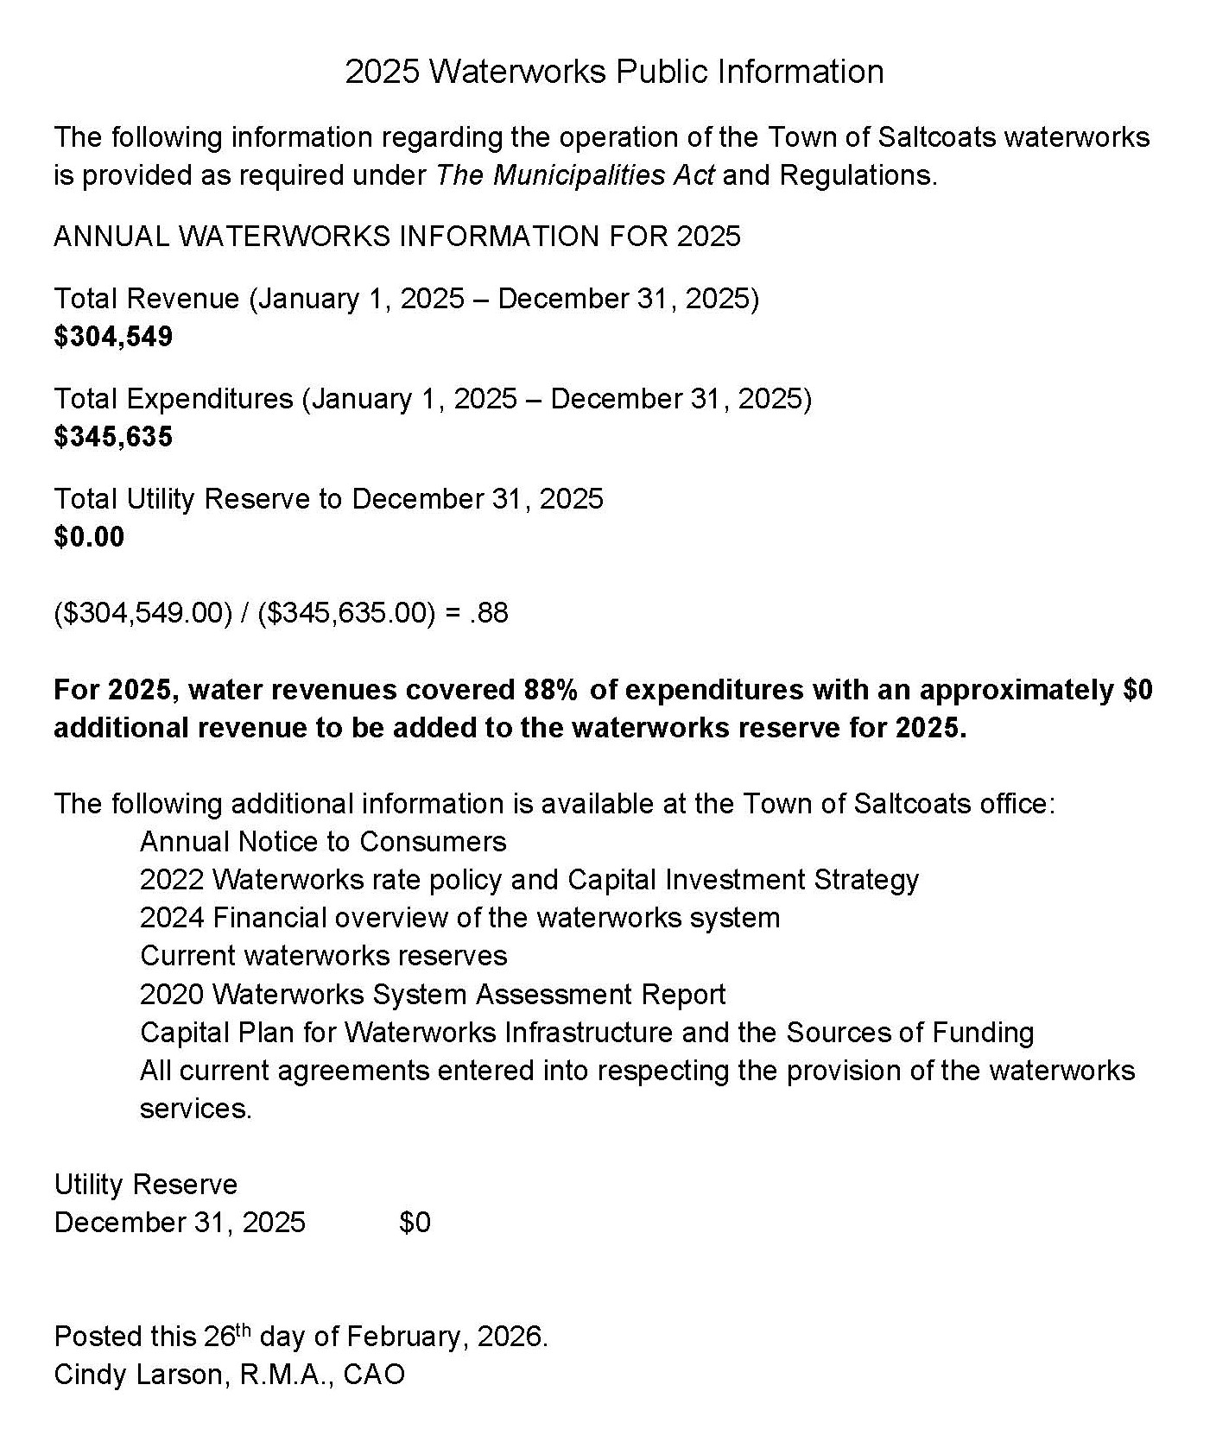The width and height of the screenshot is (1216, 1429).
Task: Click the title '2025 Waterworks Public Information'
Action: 614,72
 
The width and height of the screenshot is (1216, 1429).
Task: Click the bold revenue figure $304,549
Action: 113,337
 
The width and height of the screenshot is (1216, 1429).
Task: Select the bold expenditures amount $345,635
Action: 113,437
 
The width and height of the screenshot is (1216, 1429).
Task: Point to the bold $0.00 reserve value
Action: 89,537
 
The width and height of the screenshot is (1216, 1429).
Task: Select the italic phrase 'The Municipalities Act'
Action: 575,175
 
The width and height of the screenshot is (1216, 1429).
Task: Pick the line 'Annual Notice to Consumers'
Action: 323,842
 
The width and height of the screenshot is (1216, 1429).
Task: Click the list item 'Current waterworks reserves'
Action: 323,956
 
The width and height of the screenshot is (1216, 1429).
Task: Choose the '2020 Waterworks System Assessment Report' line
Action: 432,995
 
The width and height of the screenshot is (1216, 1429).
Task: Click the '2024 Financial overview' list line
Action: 459,918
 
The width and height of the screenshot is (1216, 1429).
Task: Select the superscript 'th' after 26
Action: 244,1330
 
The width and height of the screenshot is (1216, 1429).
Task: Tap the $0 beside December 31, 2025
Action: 415,1223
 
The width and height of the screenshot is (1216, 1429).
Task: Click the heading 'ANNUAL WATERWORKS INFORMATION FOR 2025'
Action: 397,237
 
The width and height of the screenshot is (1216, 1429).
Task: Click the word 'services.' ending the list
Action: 195,1109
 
